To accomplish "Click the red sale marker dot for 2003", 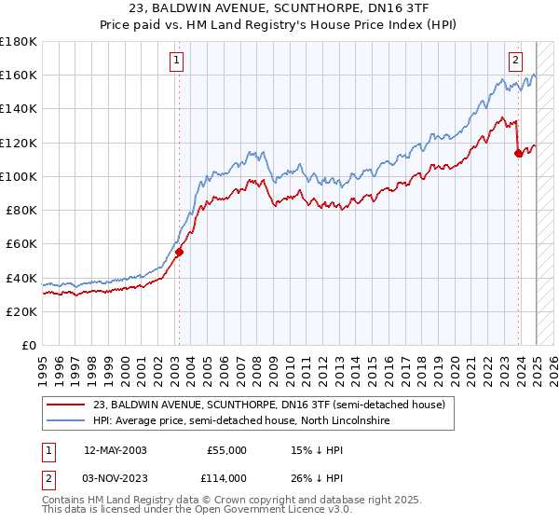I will [179, 252].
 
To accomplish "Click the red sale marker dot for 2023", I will [518, 154].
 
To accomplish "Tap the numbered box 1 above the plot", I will [177, 62].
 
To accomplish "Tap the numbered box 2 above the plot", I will [515, 62].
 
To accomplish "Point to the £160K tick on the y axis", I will [19, 75].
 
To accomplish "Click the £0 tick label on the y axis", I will [29, 345].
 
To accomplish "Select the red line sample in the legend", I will [67, 405].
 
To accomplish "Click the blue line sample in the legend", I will [67, 421].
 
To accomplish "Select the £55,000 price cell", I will [226, 450].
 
